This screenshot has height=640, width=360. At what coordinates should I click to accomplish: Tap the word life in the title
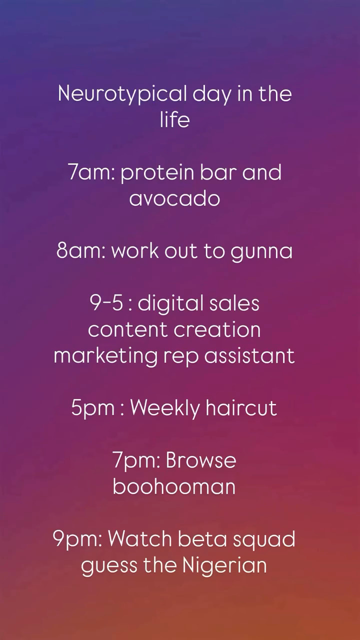pyautogui.click(x=175, y=119)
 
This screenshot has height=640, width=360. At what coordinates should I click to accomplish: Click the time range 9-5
pyautogui.click(x=107, y=303)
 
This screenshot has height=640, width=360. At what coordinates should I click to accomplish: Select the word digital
pyautogui.click(x=170, y=304)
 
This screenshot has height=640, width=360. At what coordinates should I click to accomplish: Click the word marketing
pyautogui.click(x=105, y=356)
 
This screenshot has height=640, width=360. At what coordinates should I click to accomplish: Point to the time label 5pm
pyautogui.click(x=93, y=409)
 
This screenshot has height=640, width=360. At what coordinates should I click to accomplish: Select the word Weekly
pyautogui.click(x=165, y=408)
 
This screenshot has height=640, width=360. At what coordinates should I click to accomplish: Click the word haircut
pyautogui.click(x=241, y=407)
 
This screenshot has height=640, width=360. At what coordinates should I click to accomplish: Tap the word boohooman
pyautogui.click(x=174, y=486)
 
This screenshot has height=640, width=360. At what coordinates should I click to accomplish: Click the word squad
pyautogui.click(x=263, y=540)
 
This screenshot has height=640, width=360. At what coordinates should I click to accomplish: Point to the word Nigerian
pyautogui.click(x=224, y=565)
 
